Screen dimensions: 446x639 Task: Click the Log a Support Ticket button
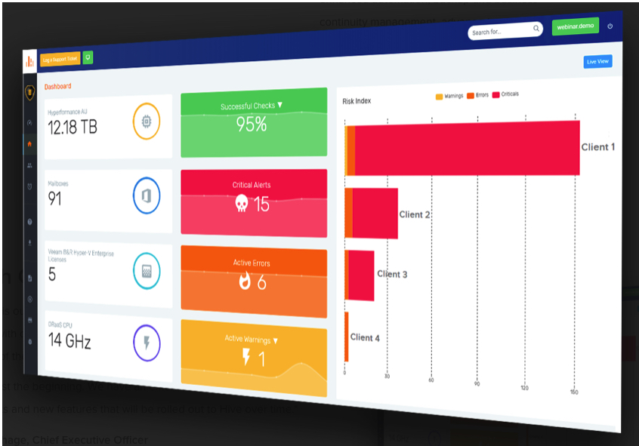tap(60, 58)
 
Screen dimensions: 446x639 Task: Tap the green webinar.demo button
tap(575, 26)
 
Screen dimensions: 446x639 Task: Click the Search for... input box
tap(502, 32)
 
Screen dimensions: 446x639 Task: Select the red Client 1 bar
tap(465, 149)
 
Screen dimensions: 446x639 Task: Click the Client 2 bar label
tap(415, 214)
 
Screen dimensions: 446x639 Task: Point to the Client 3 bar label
tap(392, 274)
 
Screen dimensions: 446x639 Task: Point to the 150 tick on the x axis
tap(574, 392)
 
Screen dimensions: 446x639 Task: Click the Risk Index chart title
tap(357, 100)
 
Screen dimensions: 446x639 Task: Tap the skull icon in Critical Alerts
tap(242, 204)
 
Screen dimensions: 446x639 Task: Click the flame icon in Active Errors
tap(244, 281)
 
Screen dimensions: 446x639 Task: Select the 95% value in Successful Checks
tap(252, 125)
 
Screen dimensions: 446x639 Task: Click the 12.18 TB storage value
tap(73, 127)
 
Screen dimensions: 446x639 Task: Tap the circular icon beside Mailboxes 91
tap(147, 195)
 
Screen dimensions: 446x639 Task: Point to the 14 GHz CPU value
tap(69, 341)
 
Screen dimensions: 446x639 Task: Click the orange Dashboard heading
tap(57, 86)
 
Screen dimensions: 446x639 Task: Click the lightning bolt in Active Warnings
tap(246, 357)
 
